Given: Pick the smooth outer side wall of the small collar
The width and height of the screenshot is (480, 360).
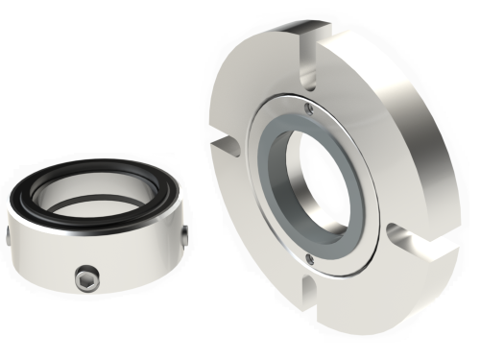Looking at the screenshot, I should [125, 264].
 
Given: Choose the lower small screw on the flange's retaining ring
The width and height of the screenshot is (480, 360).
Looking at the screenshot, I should [308, 257].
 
